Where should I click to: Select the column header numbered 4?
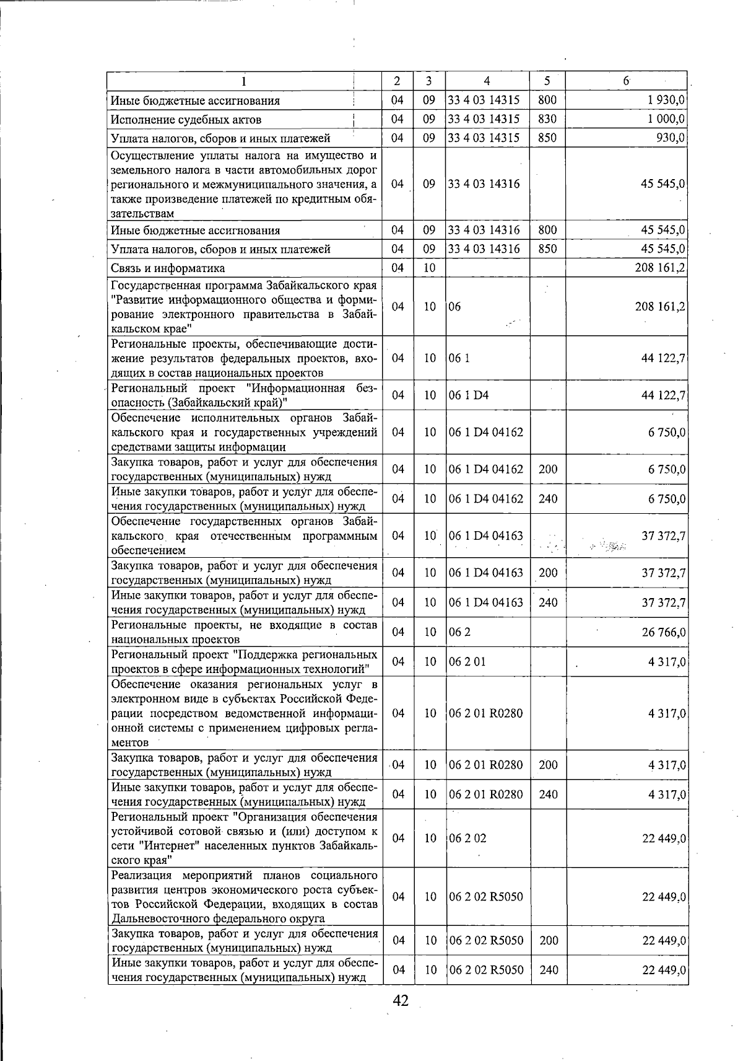[487, 81]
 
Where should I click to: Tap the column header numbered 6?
[626, 81]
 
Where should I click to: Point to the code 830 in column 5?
[547, 119]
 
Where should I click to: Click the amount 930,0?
[671, 138]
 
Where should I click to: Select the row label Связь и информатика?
[168, 268]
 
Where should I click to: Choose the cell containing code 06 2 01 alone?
[467, 662]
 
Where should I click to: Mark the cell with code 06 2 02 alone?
[467, 838]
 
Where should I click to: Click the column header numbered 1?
[244, 81]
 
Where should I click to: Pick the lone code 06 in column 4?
[455, 307]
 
